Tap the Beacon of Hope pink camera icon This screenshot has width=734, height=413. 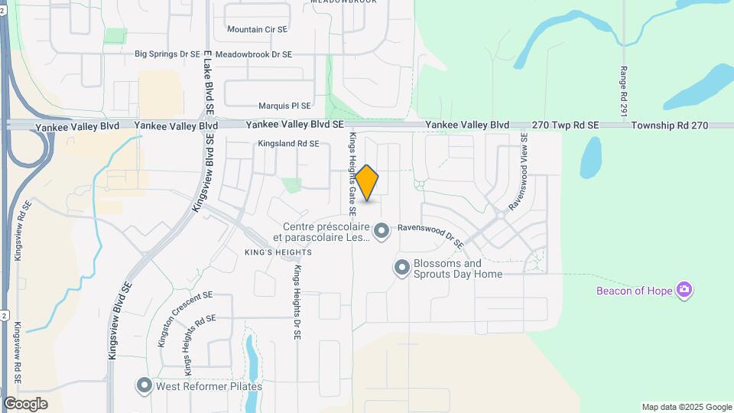point(684,290)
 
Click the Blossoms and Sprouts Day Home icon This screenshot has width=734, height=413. point(401,268)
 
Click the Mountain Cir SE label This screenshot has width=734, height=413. point(257,29)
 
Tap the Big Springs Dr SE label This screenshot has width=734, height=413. point(167,54)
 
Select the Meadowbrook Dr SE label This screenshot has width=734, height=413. point(253,54)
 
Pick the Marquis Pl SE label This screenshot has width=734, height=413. point(284,106)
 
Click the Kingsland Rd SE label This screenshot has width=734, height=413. point(288,143)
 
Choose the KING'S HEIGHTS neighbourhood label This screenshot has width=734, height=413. point(278,252)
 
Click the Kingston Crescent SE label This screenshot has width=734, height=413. point(183,318)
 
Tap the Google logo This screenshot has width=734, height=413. point(25,403)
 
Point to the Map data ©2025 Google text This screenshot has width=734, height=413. point(687,407)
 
